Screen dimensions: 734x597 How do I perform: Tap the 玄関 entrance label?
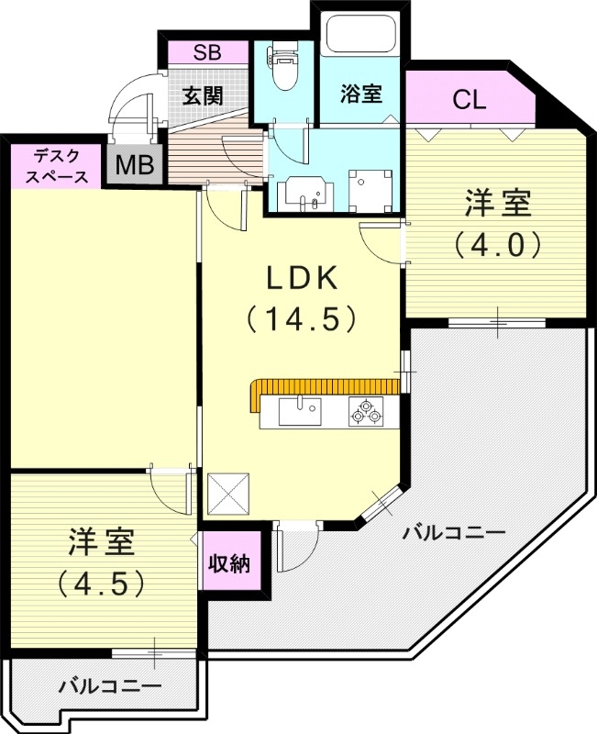click(201, 95)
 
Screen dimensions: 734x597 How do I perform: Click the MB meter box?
click(135, 166)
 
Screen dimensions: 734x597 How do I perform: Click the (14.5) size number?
click(301, 317)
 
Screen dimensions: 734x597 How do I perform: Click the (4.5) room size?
click(101, 582)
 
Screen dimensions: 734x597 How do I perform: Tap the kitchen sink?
click(299, 410)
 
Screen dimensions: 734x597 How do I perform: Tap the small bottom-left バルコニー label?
click(110, 684)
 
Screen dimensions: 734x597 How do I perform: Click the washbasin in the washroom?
click(303, 192)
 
